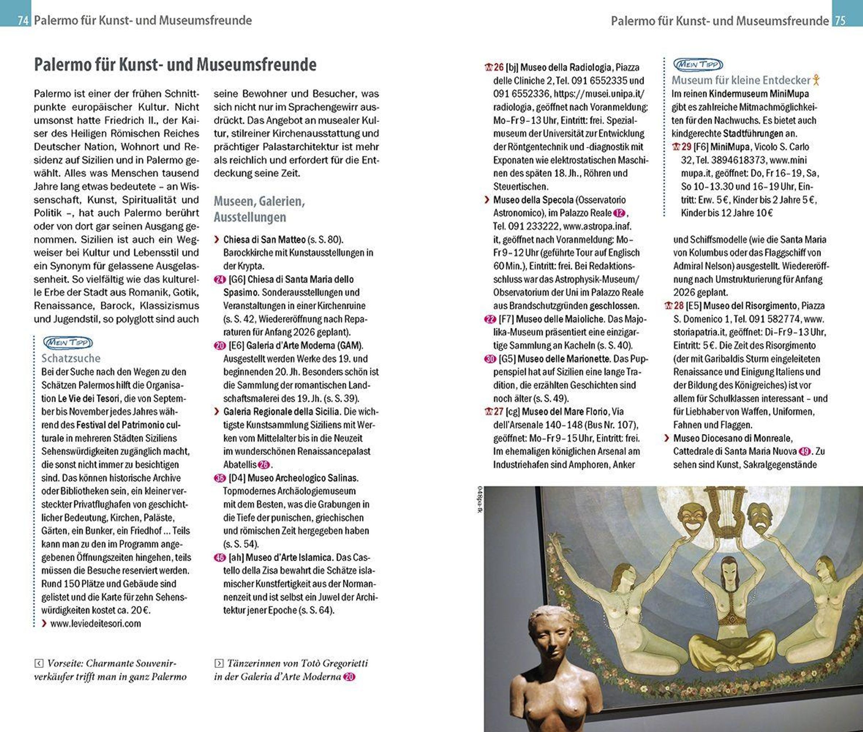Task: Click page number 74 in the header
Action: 23,20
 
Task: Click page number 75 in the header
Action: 840,20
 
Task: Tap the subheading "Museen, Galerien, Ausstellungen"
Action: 259,209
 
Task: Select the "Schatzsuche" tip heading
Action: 71,358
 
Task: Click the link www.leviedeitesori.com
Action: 95,623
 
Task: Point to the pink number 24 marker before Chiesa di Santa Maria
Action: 220,280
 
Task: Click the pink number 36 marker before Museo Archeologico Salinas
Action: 220,478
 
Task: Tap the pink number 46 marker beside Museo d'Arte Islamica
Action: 220,558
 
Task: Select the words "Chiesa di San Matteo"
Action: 264,239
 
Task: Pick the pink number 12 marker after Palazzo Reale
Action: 619,213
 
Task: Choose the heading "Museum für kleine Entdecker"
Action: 741,80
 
